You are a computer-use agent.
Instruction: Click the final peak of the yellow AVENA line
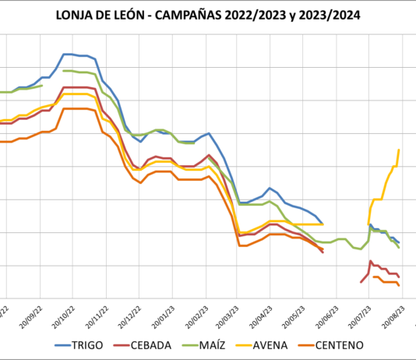[399, 150]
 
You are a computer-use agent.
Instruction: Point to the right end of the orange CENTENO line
[399, 285]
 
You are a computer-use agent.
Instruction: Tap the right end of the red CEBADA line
[399, 277]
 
